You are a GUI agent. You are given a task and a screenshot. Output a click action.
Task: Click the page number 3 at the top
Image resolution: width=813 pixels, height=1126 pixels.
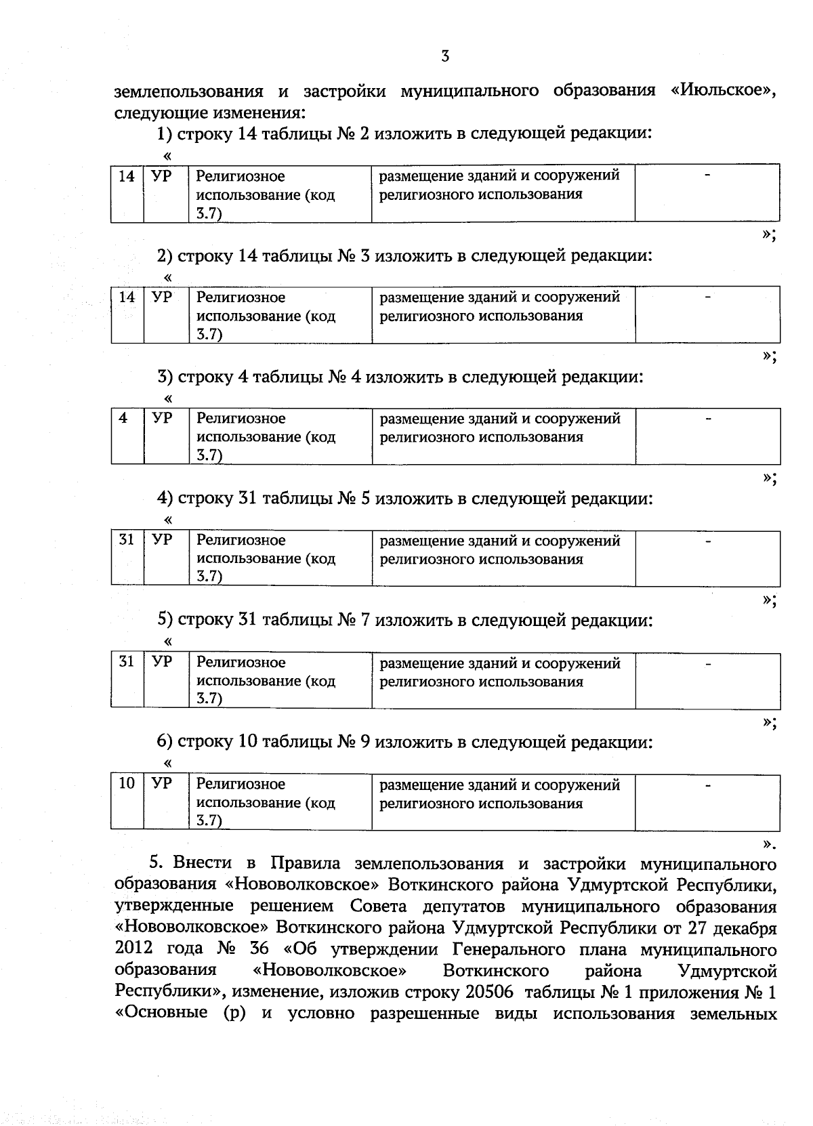pyautogui.click(x=445, y=57)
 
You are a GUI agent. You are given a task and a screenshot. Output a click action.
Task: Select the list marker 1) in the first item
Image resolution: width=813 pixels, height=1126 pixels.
pyautogui.click(x=165, y=134)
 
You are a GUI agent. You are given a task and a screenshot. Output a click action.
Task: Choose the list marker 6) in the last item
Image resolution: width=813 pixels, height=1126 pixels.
pyautogui.click(x=165, y=742)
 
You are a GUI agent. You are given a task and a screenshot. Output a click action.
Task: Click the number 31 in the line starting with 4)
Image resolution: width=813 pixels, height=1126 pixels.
pyautogui.click(x=247, y=499)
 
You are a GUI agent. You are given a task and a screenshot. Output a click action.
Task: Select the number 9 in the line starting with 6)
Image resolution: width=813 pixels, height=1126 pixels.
pyautogui.click(x=364, y=742)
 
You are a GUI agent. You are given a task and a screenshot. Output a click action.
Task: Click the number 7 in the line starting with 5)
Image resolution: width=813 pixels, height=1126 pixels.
pyautogui.click(x=364, y=621)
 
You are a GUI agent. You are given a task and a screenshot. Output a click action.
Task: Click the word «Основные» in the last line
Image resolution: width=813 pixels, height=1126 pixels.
pyautogui.click(x=162, y=1014)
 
